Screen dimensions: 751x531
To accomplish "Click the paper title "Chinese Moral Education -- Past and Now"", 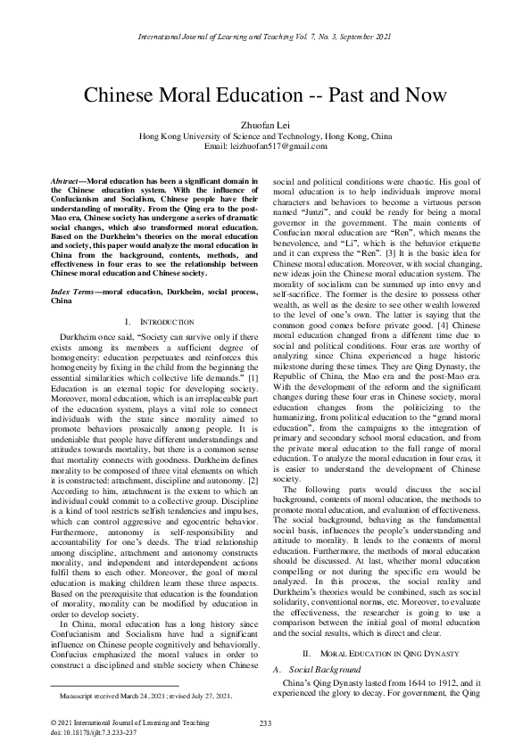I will [x=265, y=97].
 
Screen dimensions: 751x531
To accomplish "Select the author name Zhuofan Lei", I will [x=265, y=125].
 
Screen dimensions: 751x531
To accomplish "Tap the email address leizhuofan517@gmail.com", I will [x=265, y=145].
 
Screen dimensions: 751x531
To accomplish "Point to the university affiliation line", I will [x=265, y=136].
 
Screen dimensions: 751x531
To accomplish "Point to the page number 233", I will [x=265, y=722].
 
